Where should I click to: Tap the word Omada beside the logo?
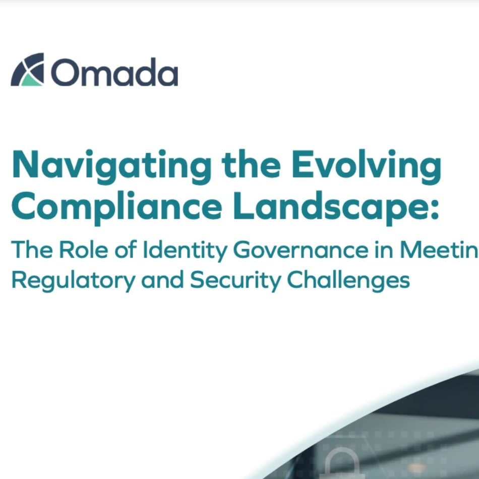[114, 72]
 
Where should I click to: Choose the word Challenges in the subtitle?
[348, 280]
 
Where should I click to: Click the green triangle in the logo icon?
[31, 79]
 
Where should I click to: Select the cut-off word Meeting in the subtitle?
[442, 250]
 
